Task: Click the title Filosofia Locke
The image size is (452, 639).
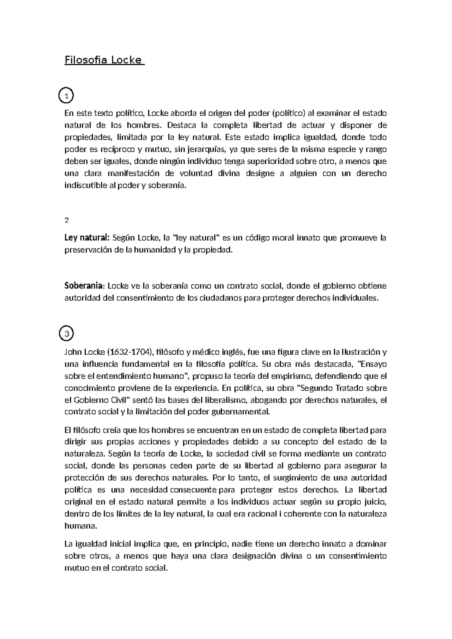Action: point(104,60)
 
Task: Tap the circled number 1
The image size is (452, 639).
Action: point(67,96)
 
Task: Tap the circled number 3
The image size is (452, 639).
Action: point(67,333)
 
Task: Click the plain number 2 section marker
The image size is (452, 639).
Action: point(67,220)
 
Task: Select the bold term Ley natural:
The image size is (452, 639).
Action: point(87,238)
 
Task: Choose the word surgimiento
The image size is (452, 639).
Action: point(295,478)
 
